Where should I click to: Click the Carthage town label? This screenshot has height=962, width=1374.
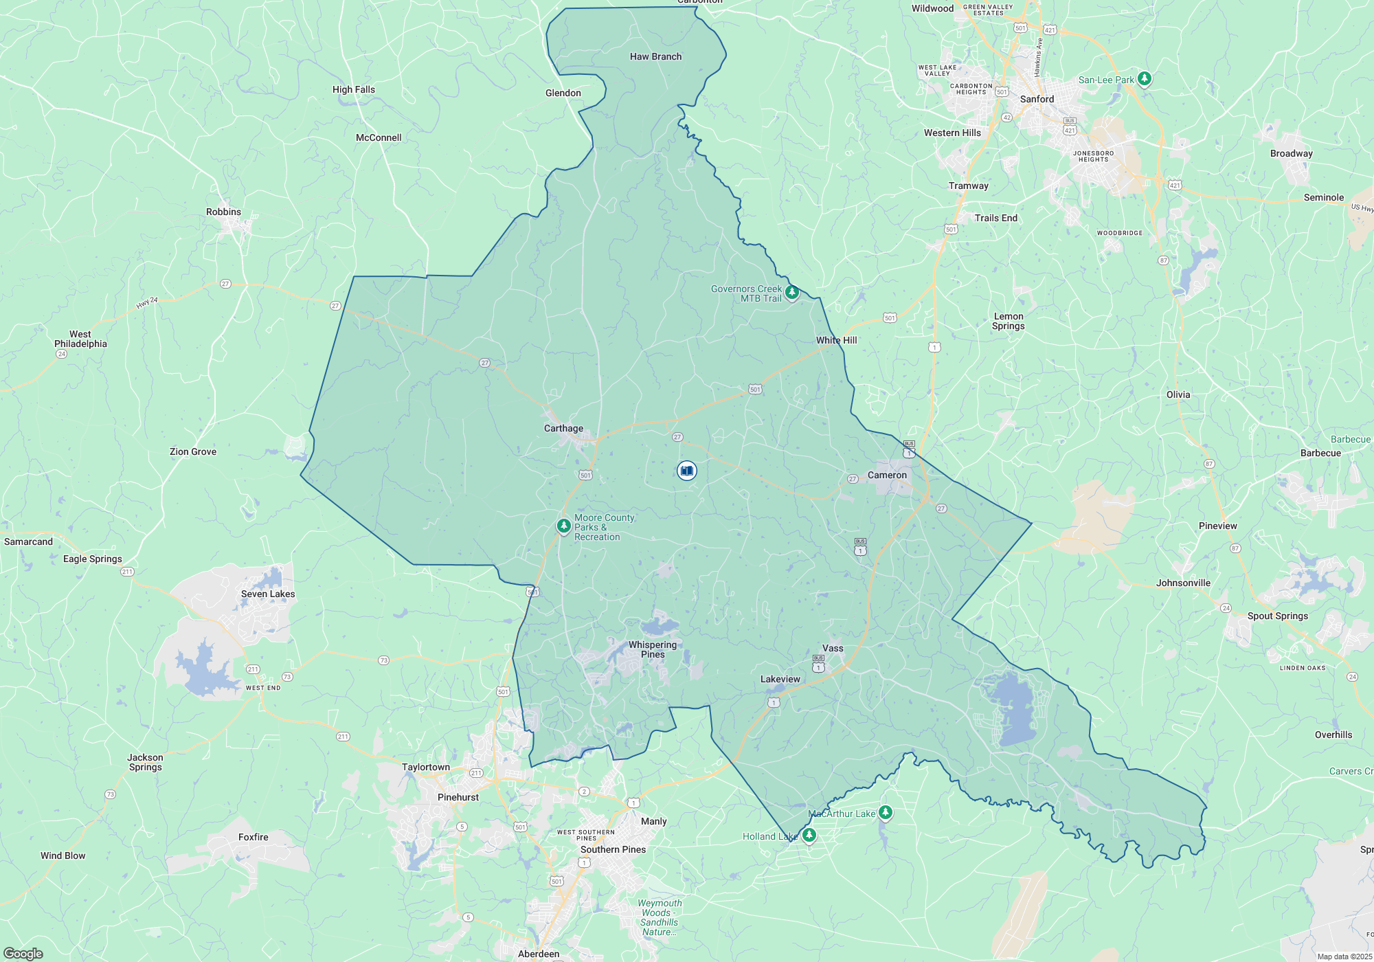click(563, 429)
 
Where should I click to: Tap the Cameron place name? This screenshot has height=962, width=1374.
click(887, 476)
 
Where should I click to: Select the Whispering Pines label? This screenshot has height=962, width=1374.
click(653, 649)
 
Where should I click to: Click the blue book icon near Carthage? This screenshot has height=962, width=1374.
click(686, 471)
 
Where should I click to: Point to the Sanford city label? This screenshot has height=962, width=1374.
click(1037, 100)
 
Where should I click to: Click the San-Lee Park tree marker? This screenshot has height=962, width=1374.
click(1144, 79)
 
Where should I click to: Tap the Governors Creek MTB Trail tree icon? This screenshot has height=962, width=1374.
click(791, 293)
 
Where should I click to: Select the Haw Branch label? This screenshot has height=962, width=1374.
click(655, 57)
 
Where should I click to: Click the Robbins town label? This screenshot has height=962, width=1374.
click(223, 212)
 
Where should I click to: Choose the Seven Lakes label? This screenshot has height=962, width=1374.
click(268, 594)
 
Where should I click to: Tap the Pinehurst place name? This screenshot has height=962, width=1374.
click(458, 798)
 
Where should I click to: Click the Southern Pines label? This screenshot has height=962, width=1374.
click(613, 850)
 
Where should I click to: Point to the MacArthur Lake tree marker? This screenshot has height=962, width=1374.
click(886, 813)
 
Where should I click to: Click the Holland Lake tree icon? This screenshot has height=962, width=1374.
click(809, 836)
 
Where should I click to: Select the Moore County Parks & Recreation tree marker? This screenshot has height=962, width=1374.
click(563, 526)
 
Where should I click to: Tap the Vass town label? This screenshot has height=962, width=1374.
click(833, 649)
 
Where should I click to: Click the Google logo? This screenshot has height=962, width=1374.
click(23, 954)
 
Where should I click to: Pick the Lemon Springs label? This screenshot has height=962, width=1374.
click(1008, 322)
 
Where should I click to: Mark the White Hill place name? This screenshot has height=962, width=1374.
click(836, 341)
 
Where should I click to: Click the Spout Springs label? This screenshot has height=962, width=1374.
click(1277, 616)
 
